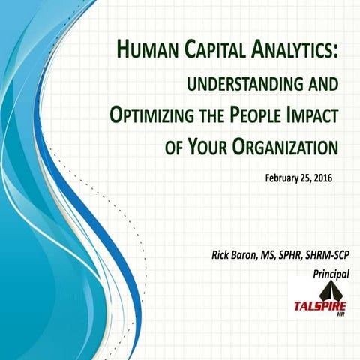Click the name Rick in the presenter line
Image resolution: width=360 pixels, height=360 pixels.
[x=220, y=258]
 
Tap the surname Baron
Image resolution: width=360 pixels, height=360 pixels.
[x=247, y=258]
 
